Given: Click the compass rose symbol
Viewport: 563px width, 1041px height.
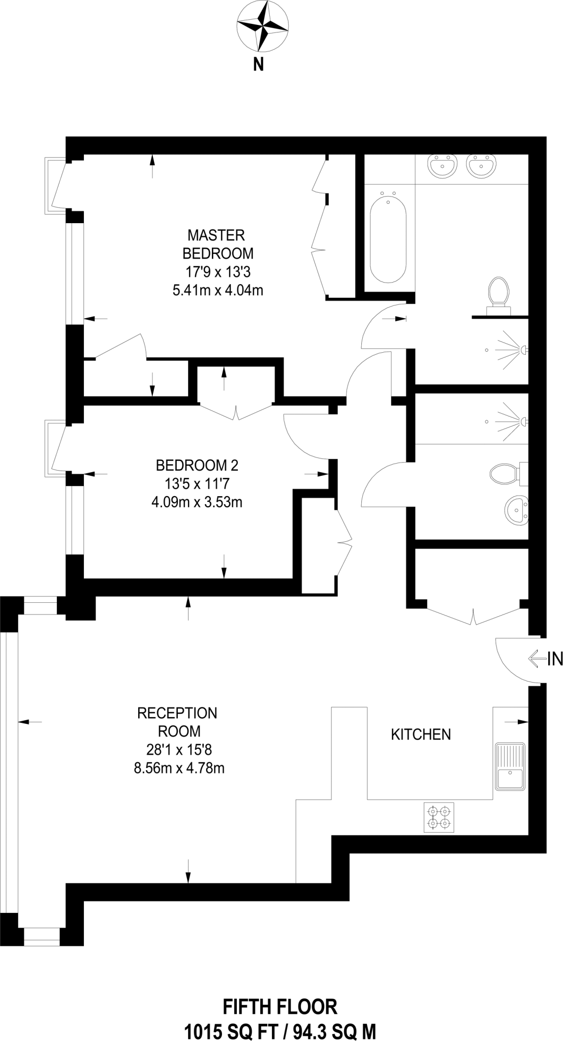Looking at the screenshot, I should [263, 26].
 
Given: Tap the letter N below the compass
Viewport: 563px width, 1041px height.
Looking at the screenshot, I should [259, 65].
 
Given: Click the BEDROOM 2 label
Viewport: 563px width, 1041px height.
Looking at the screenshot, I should [197, 465].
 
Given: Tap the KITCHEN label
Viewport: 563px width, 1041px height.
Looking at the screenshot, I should [421, 734].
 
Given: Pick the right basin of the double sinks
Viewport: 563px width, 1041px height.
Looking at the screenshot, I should [480, 165].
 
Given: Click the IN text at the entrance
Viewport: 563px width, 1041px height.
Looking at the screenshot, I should [555, 659].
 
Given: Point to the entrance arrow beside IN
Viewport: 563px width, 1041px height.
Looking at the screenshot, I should [537, 659].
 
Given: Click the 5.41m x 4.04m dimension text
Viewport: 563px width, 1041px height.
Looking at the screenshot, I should [217, 291].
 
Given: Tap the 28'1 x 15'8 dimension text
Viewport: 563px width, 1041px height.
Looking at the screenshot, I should [179, 749].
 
